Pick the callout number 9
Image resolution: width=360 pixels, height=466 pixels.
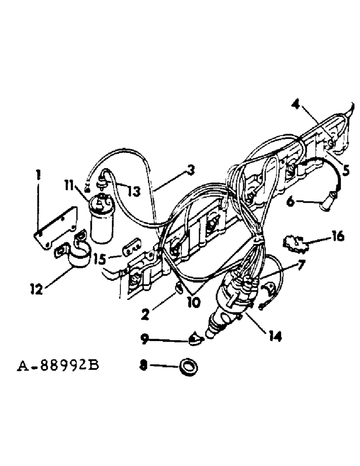click(146, 340)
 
